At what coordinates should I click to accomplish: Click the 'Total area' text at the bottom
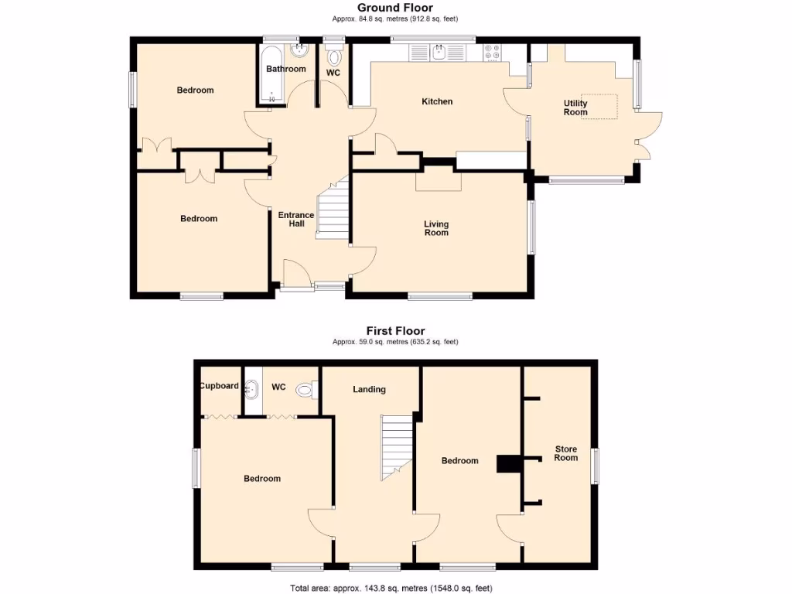pos(391,589)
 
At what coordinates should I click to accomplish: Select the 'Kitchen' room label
pos(437,101)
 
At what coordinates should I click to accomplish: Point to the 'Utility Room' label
pos(575,108)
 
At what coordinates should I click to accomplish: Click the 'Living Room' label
pos(436,228)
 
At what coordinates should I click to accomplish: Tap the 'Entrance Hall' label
pos(296,220)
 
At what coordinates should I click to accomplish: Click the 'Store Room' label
pos(565,453)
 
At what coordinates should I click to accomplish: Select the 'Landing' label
pos(369,389)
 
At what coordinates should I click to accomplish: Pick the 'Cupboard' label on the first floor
pos(219,386)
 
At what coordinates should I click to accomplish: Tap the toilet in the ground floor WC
pos(334,58)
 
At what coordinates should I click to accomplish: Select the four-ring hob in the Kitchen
pos(492,53)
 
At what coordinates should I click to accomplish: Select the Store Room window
pos(596,466)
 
